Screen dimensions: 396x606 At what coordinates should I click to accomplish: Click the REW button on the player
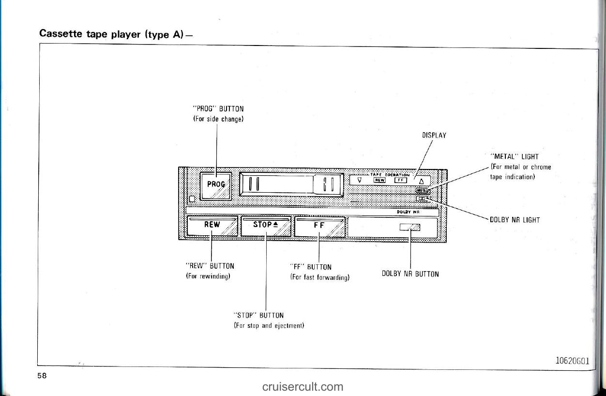[x=212, y=226]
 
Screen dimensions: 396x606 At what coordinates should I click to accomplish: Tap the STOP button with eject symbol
[x=266, y=226]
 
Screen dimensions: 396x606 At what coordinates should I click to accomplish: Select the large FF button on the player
[x=319, y=226]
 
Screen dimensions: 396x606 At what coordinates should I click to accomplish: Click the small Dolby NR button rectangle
[x=409, y=228]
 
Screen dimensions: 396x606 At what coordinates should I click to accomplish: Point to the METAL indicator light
[x=423, y=191]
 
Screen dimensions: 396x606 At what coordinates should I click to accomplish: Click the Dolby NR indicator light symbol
[x=423, y=198]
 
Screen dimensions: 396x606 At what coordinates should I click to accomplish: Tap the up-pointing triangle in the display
[x=421, y=181]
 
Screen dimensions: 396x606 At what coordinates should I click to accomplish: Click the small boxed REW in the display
[x=379, y=180]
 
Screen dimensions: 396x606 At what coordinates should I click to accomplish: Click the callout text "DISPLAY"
[x=434, y=136]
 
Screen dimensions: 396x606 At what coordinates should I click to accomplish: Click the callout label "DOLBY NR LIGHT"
[x=515, y=220]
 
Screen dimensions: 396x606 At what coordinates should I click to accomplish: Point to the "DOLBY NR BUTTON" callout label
[x=410, y=274]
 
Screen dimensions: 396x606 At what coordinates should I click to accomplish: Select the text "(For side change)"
[x=217, y=119]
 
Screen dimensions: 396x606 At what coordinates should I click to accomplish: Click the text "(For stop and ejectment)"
[x=269, y=325]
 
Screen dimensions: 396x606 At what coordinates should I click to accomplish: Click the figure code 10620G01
[x=572, y=360]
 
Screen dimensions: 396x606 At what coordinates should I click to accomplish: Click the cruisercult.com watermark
[x=303, y=386]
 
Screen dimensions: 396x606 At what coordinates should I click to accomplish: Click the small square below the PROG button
[x=192, y=198]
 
